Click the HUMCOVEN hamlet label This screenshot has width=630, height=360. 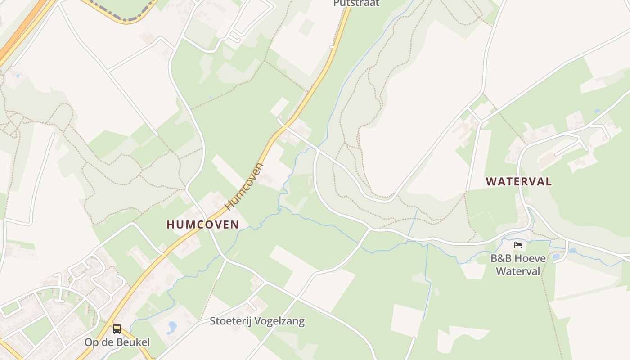pos(203,225)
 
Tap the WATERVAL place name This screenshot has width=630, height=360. pos(518,182)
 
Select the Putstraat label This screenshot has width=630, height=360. pos(356,3)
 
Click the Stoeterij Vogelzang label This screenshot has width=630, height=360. pos(257,321)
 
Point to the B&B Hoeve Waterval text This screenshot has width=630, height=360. pos(518,265)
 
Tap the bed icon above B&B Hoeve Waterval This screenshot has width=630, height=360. pos(518,245)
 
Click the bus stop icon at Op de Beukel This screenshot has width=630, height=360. pos(117,329)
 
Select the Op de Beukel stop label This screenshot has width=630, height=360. pos(117,342)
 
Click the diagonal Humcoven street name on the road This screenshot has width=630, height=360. pos(245,187)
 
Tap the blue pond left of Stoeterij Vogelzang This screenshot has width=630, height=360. pos(172,327)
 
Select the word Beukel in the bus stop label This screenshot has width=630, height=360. pos(134,342)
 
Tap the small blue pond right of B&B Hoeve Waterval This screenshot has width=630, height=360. pos(556,256)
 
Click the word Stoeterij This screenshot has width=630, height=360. pos(230,321)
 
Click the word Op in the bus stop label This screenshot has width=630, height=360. pos(91,342)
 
